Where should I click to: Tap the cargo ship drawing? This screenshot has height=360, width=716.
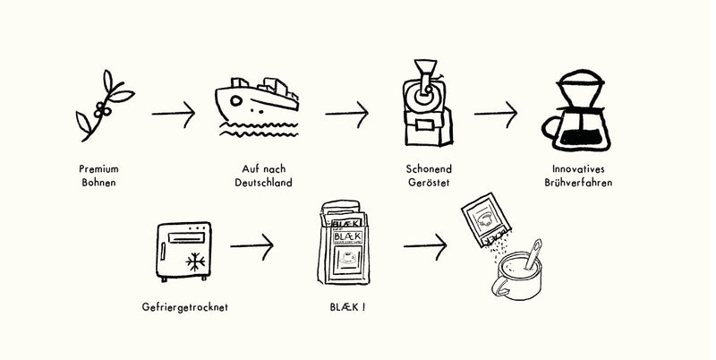tap(257, 107)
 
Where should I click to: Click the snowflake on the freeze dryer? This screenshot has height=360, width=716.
tap(195, 261)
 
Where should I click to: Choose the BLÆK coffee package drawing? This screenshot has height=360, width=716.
tap(344, 242)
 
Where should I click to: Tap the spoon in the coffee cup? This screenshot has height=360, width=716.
tap(533, 254)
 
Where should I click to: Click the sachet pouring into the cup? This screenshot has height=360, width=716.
tap(485, 219)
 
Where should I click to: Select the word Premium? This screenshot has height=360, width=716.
tap(98, 169)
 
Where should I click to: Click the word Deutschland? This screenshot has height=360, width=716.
tap(263, 183)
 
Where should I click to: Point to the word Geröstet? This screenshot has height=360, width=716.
tap(429, 183)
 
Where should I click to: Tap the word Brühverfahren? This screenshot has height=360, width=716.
tap(578, 183)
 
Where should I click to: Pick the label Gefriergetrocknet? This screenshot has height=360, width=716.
tap(185, 307)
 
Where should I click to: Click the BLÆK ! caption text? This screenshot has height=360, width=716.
tap(347, 307)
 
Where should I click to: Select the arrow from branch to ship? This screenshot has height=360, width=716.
tap(174, 114)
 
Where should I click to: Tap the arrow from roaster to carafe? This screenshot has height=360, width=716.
tap(496, 114)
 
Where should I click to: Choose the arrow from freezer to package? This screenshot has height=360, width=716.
tap(252, 246)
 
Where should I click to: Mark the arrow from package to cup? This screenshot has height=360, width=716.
tap(425, 246)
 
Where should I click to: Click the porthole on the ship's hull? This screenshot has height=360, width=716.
tap(236, 100)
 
